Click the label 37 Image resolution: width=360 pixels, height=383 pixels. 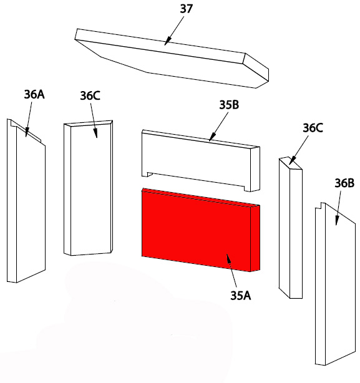point(187,9)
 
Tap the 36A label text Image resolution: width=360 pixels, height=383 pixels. point(34,94)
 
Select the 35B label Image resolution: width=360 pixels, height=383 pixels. point(229,105)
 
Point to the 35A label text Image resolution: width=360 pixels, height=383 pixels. point(241,296)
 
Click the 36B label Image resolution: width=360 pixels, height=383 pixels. point(344,183)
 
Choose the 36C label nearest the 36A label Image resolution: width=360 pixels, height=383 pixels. point(90,95)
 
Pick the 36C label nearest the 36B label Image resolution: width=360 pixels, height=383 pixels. point(313,128)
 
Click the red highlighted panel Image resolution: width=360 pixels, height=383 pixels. point(201,230)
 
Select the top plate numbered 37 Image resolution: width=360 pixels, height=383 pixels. point(172,59)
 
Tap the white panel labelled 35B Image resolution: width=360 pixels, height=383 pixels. point(201,160)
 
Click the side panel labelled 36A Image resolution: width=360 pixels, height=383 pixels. point(26,201)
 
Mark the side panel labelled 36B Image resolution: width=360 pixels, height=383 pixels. point(335,284)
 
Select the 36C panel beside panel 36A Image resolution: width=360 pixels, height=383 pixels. point(88,188)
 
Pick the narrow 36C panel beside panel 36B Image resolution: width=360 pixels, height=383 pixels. point(291,228)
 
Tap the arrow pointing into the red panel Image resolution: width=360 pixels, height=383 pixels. point(231,270)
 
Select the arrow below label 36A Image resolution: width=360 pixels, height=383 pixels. point(29,120)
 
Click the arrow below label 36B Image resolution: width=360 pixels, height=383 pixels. point(338,208)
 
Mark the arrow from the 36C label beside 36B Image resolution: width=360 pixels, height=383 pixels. point(299,150)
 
